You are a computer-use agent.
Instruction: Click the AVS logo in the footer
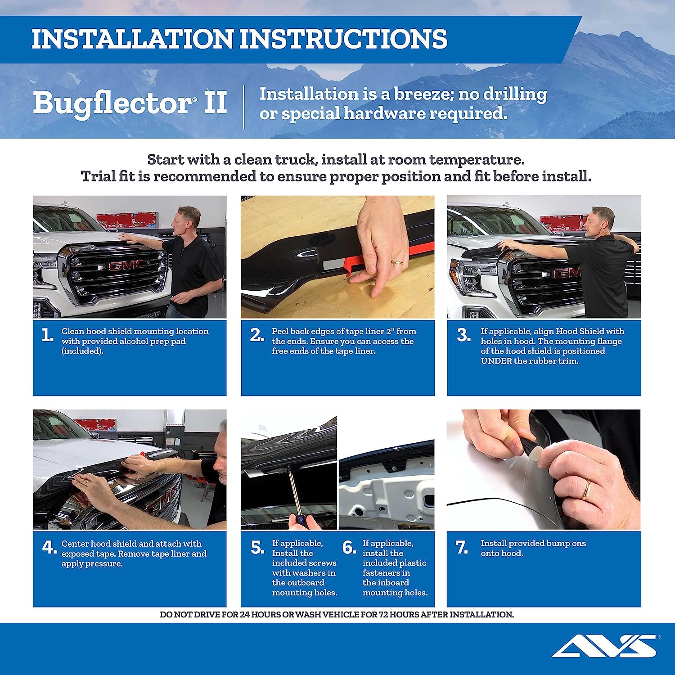pos(605,646)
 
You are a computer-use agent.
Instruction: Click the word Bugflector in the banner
pos(112,103)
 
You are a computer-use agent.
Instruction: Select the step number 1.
pos(47,335)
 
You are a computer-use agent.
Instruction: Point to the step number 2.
pos(257,335)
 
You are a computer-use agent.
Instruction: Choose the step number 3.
pos(463,335)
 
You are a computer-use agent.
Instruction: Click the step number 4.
pos(49,547)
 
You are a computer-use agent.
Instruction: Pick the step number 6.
pos(350,547)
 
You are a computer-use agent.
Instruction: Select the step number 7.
pos(462,547)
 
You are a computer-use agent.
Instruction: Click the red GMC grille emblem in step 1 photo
pos(127,265)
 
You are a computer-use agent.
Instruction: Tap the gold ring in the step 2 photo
pos(397,262)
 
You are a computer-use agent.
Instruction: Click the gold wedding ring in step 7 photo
pos(587,490)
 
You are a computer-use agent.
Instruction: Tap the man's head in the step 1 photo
pos(189,220)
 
